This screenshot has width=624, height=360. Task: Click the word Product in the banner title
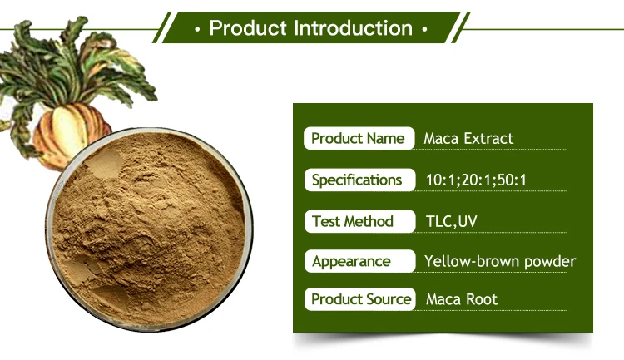(x=248, y=28)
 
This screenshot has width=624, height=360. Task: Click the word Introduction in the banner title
(x=354, y=28)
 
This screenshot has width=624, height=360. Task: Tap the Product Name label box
(x=359, y=139)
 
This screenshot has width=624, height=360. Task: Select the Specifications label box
(x=359, y=180)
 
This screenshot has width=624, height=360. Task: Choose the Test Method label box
(x=359, y=221)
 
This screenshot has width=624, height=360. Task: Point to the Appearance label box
(x=359, y=261)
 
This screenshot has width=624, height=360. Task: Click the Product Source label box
(x=359, y=299)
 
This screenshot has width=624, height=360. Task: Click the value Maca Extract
(x=468, y=139)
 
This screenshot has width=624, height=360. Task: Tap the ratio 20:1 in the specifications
(x=477, y=180)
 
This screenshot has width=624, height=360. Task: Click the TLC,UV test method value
(x=451, y=221)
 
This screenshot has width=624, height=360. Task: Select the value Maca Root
(x=462, y=299)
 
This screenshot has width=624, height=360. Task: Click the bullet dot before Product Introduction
(x=197, y=29)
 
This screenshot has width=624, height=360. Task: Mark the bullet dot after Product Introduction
(x=424, y=29)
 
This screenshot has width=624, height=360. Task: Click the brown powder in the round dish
(x=149, y=229)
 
